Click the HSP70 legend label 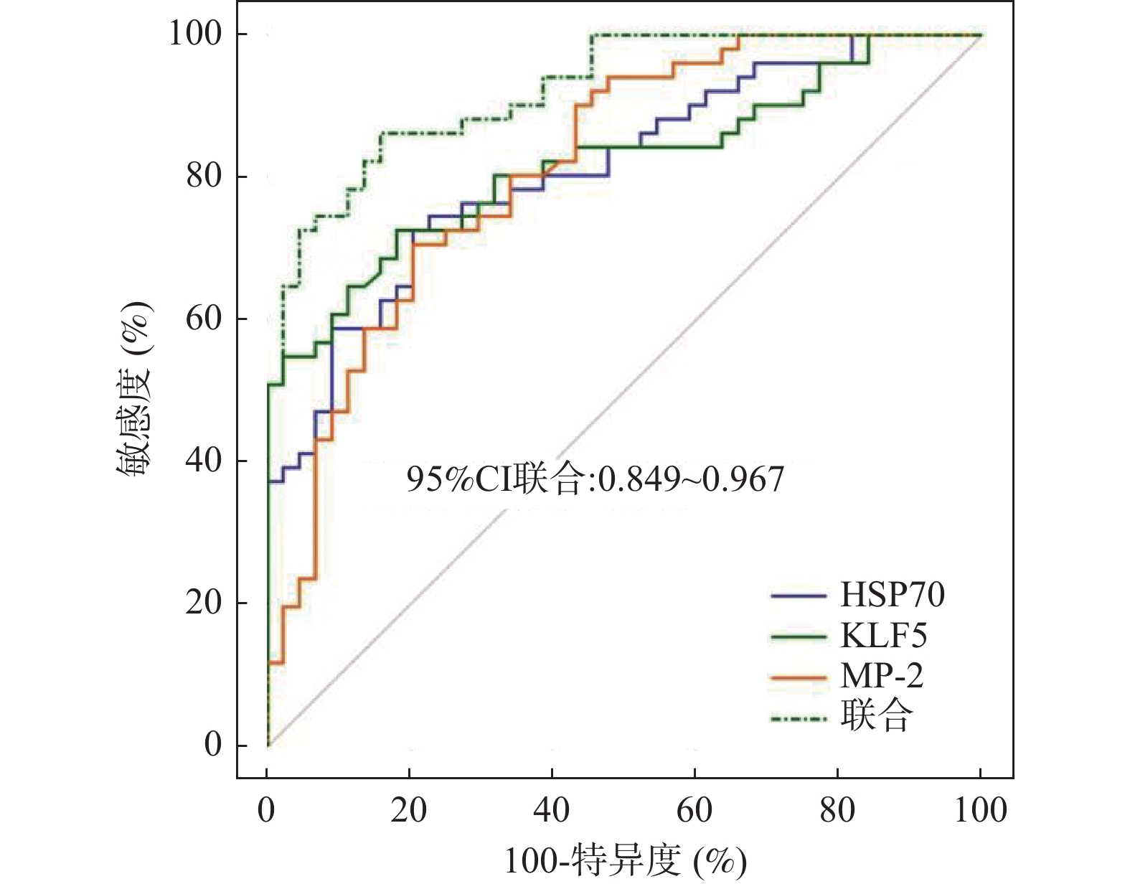pyautogui.click(x=892, y=595)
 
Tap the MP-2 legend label pyautogui.click(x=882, y=676)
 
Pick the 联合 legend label pyautogui.click(x=876, y=716)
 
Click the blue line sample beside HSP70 pyautogui.click(x=799, y=596)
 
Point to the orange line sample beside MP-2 pyautogui.click(x=799, y=677)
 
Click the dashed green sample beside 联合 pyautogui.click(x=799, y=717)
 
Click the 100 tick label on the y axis pyautogui.click(x=195, y=33)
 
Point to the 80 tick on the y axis pyautogui.click(x=204, y=176)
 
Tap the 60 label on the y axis pyautogui.click(x=204, y=318)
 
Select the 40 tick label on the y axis pyautogui.click(x=204, y=460)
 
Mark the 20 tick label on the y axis pyautogui.click(x=204, y=602)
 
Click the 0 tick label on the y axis pyautogui.click(x=214, y=745)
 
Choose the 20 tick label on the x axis pyautogui.click(x=409, y=810)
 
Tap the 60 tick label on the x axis pyautogui.click(x=695, y=810)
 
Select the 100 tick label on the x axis pyautogui.click(x=981, y=810)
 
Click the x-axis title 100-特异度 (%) pyautogui.click(x=625, y=861)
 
